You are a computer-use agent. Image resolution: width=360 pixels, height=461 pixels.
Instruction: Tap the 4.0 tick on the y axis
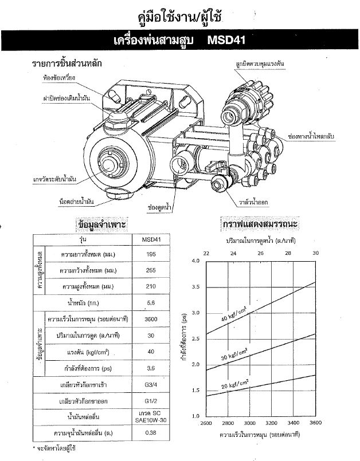click(x=195, y=261)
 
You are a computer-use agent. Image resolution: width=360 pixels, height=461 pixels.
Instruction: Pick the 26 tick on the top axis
click(x=261, y=253)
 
